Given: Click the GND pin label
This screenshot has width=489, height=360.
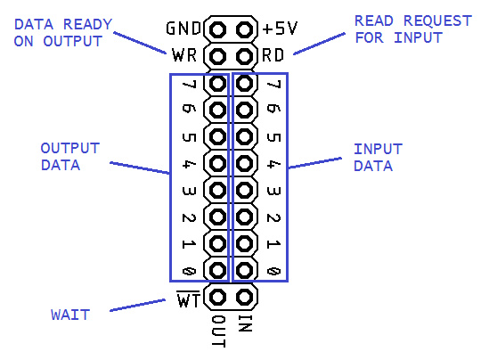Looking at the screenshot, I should [183, 29].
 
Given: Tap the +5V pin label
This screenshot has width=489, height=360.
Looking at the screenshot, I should [280, 29].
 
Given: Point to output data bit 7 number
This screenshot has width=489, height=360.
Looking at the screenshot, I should [188, 86].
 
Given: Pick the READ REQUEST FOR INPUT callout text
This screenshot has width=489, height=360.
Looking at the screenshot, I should [400, 28].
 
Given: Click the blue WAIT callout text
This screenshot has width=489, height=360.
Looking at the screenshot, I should [69, 314].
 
